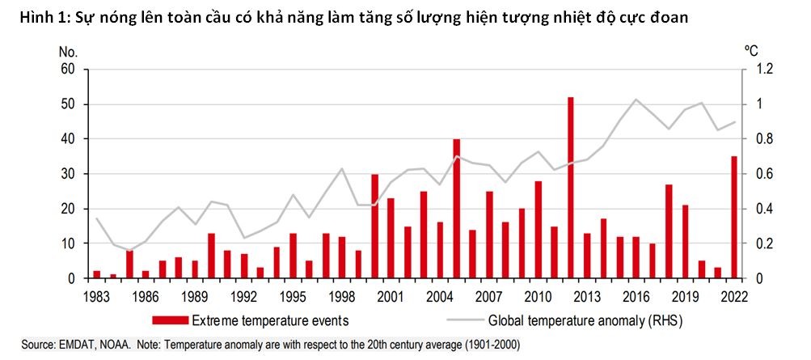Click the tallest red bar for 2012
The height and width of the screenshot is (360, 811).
[x=571, y=188]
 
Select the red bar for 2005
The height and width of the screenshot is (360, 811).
[x=456, y=209]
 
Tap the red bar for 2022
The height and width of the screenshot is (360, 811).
[x=733, y=217]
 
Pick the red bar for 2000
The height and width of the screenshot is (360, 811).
[x=374, y=227]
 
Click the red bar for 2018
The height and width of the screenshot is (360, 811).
[x=669, y=231]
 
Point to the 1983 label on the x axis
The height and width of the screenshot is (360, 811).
[x=96, y=297]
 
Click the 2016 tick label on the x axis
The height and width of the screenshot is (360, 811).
[x=636, y=297]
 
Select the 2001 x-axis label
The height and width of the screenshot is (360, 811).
[x=391, y=297]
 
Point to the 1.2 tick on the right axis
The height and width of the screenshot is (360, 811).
[x=764, y=70]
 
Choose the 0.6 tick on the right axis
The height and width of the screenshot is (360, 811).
[x=764, y=174]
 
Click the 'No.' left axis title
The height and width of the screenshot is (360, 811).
[x=69, y=50]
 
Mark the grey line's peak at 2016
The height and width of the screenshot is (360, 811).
[x=636, y=100]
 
